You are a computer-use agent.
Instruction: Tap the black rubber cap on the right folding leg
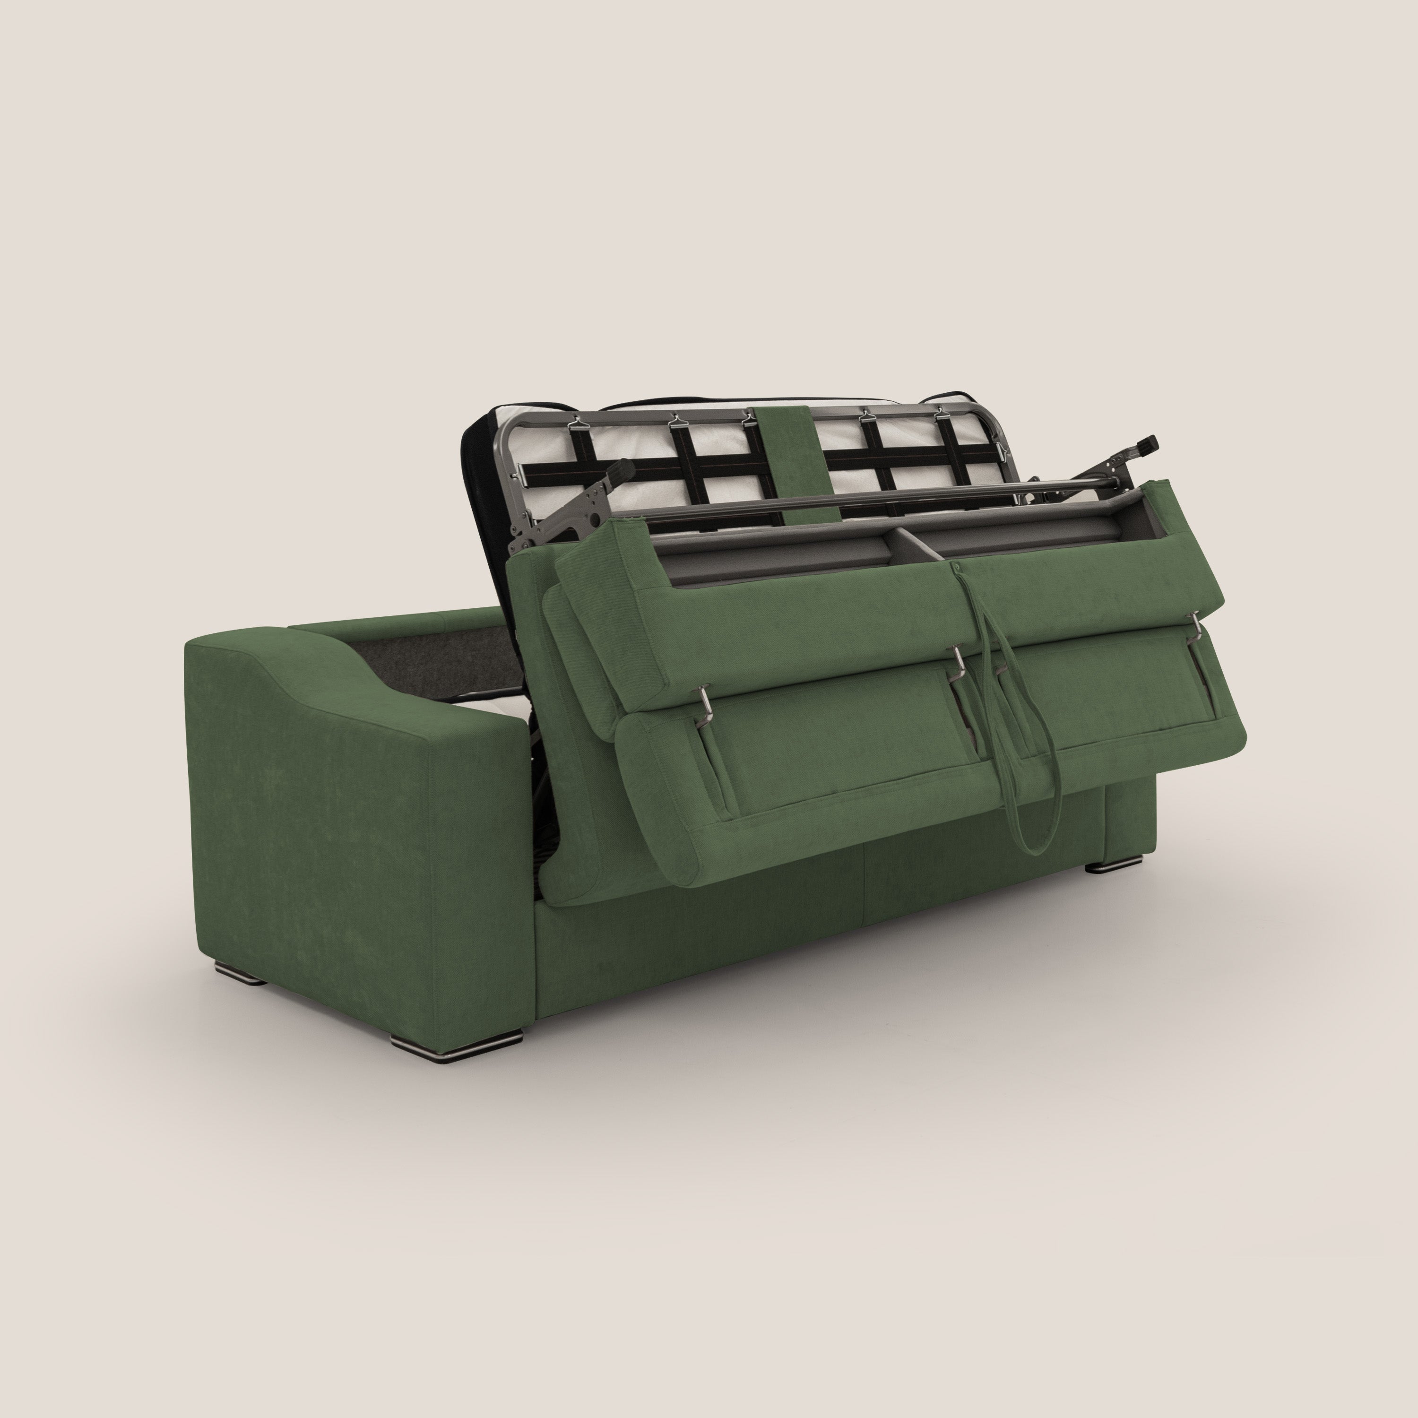(x=1146, y=442)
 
